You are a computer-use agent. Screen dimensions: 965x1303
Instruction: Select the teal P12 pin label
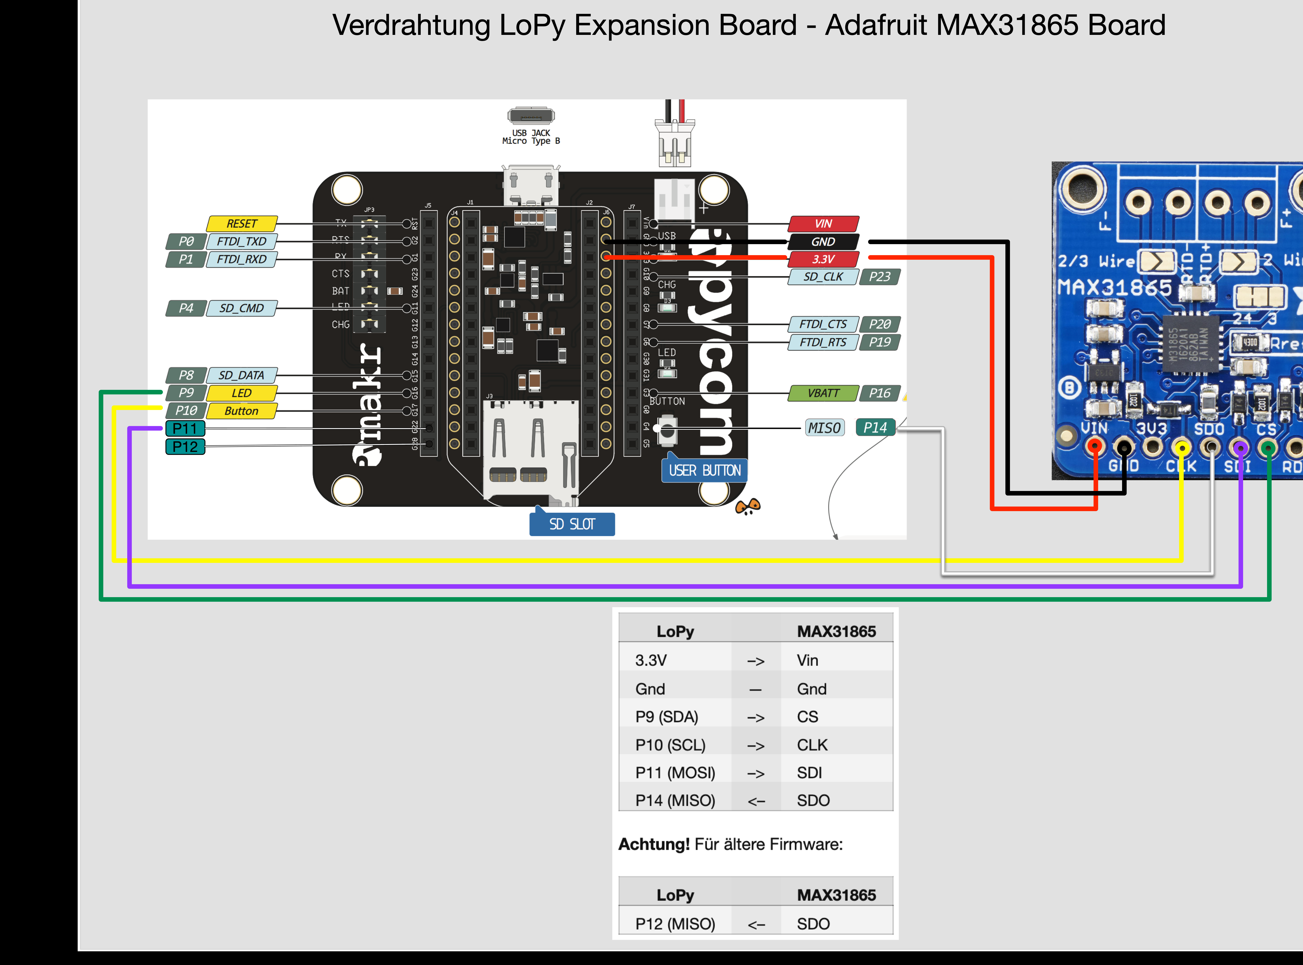[185, 447]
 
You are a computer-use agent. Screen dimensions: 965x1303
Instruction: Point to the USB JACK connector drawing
[531, 116]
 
